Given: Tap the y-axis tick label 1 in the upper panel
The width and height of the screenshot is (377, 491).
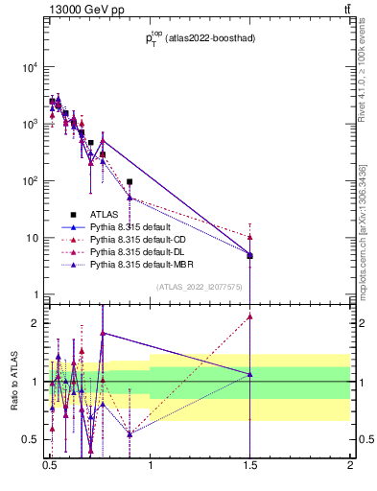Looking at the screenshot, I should [x=36, y=294].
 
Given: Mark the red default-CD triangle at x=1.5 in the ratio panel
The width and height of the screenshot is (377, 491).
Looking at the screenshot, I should [x=249, y=316].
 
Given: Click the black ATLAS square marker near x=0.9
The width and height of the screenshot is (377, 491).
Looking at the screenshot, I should [x=130, y=181].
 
